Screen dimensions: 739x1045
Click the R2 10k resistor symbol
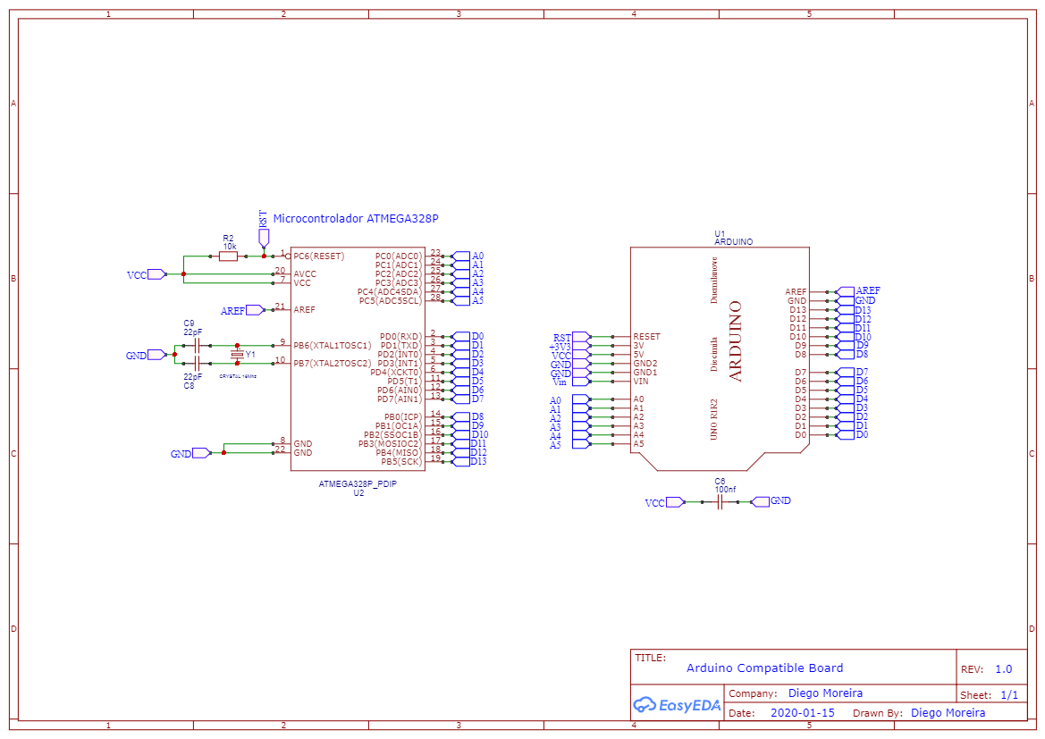tap(228, 256)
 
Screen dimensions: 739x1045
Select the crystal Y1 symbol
tap(237, 355)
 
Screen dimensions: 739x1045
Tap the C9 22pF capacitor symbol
tap(196, 345)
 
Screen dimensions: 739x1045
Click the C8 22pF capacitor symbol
tap(196, 364)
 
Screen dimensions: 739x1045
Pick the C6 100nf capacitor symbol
tap(721, 502)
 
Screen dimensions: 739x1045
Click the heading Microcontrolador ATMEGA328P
tap(355, 219)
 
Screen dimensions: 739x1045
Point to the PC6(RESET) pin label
tap(318, 256)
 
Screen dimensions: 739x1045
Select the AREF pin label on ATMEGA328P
tap(304, 310)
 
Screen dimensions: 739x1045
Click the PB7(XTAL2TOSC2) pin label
tap(332, 364)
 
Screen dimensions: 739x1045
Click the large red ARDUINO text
tap(736, 341)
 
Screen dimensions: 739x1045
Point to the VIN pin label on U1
tap(640, 382)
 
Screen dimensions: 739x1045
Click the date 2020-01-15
tap(802, 713)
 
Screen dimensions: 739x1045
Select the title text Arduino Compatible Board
tap(764, 668)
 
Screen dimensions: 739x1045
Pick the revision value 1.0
tap(1003, 669)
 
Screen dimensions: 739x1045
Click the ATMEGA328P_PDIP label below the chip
tap(358, 483)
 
